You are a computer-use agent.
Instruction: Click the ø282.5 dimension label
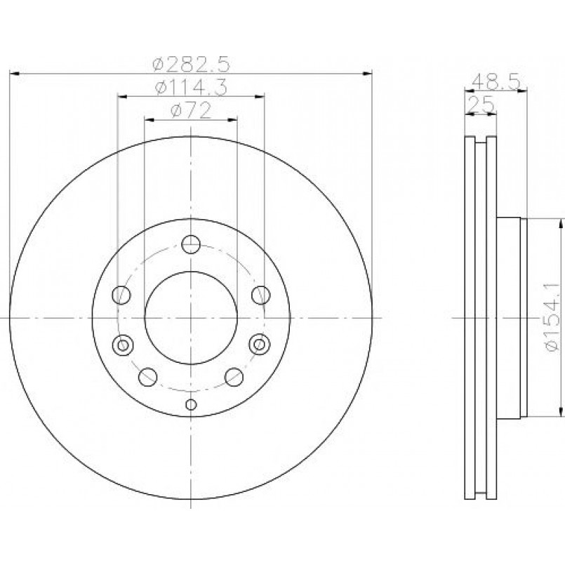pyautogui.click(x=191, y=65)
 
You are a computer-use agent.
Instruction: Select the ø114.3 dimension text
pyautogui.click(x=192, y=88)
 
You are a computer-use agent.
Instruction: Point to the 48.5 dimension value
pyautogui.click(x=496, y=82)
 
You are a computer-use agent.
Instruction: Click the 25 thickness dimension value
pyautogui.click(x=481, y=105)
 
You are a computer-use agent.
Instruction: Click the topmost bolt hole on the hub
pyautogui.click(x=191, y=244)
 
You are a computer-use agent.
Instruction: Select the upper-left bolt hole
pyautogui.click(x=121, y=295)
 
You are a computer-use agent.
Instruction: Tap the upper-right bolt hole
pyautogui.click(x=260, y=295)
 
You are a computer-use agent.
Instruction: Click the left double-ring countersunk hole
pyautogui.click(x=123, y=345)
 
